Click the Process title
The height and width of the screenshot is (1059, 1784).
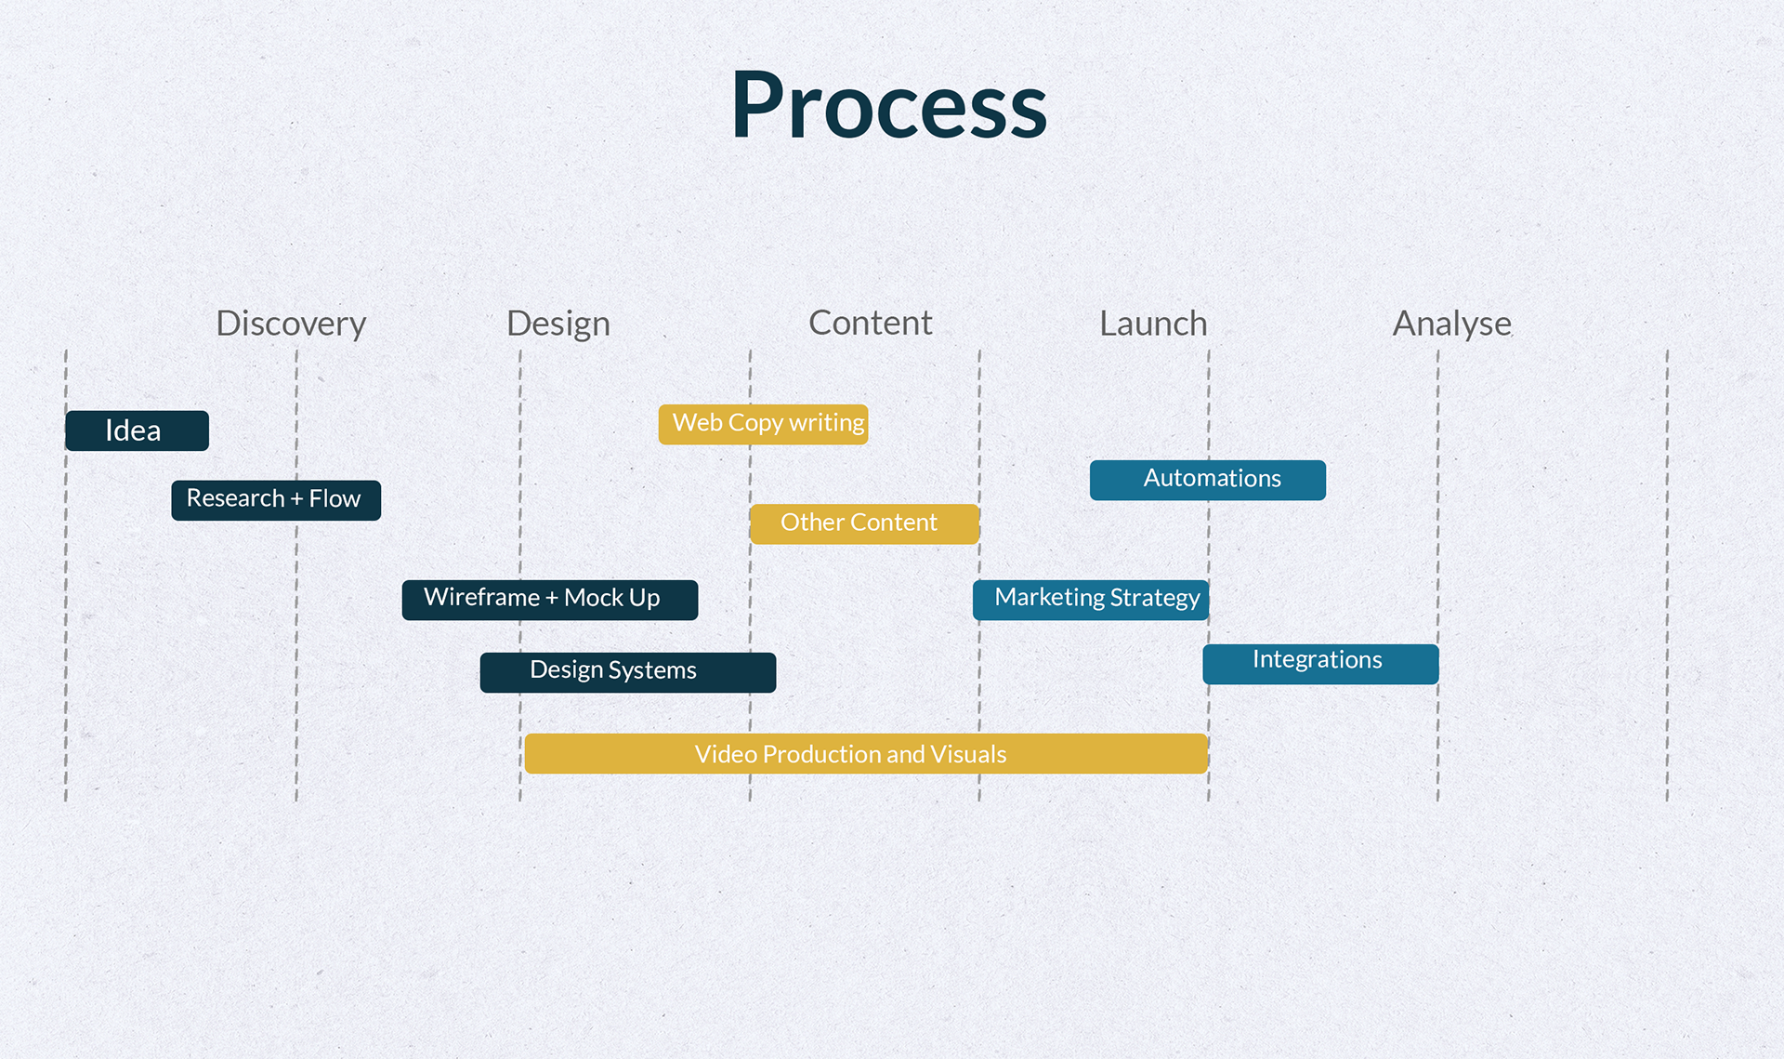tap(888, 106)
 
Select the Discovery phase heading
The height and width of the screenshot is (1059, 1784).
tap(291, 324)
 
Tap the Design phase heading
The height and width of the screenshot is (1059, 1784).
tap(557, 324)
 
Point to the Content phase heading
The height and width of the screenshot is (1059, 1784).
tap(870, 323)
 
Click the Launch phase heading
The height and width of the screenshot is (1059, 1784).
tap(1153, 324)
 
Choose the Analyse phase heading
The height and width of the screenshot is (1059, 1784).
tap(1451, 324)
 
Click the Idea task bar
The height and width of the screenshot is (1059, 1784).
tap(137, 430)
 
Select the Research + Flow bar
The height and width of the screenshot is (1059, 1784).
tap(275, 500)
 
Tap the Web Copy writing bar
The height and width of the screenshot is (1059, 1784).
tap(763, 424)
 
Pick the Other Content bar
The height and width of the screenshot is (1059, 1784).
tap(864, 523)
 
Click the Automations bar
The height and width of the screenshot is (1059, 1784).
tap(1207, 480)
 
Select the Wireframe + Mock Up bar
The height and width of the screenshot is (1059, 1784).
tap(549, 600)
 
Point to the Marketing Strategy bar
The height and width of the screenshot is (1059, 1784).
tap(1090, 600)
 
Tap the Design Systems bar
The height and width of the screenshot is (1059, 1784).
tap(627, 672)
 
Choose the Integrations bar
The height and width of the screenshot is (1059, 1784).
tap(1320, 664)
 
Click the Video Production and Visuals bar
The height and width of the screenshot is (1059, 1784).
tap(865, 754)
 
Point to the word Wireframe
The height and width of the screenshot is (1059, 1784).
tap(481, 597)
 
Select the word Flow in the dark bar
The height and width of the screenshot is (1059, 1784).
tap(334, 498)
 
